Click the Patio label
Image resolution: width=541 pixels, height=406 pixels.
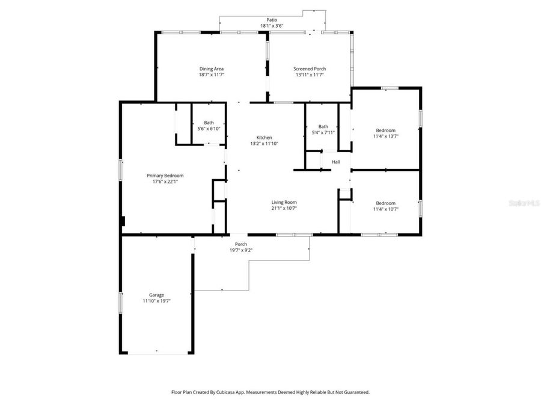tap(272, 19)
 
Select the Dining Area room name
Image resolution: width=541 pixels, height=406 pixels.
tap(212, 69)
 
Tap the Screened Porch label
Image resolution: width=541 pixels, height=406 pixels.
tap(310, 69)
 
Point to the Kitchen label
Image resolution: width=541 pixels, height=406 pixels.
tap(264, 137)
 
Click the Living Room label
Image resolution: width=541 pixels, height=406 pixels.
tap(284, 202)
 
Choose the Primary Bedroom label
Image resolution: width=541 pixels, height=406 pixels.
tap(165, 176)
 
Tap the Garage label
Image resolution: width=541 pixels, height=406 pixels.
tap(156, 295)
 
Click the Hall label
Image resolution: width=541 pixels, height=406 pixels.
tap(335, 162)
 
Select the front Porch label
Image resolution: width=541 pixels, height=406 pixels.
tap(241, 244)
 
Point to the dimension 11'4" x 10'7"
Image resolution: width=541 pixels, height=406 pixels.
tap(385, 209)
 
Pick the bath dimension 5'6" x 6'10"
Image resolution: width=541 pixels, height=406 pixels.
tap(209, 129)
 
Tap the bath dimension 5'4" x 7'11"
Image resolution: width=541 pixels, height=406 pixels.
tap(323, 132)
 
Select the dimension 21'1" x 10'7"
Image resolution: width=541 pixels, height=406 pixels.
tap(284, 208)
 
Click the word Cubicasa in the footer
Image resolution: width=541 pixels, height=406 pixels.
tap(230, 392)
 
